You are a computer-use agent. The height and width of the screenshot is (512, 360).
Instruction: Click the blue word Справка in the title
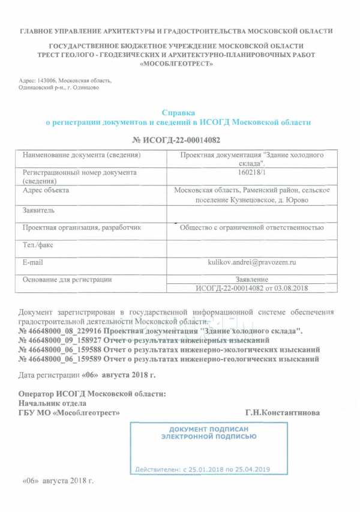pyautogui.click(x=179, y=112)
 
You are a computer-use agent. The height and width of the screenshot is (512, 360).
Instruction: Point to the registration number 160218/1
pyautogui.click(x=251, y=173)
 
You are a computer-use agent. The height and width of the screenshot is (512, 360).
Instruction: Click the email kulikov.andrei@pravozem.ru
pyautogui.click(x=251, y=262)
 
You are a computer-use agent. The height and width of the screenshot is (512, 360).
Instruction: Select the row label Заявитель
pyautogui.click(x=38, y=210)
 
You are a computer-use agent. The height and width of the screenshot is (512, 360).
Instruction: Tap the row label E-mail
pyautogui.click(x=32, y=262)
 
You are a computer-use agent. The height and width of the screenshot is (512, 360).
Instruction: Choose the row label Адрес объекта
pyautogui.click(x=46, y=190)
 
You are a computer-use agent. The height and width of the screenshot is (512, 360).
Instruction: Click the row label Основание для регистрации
pyautogui.click(x=67, y=279)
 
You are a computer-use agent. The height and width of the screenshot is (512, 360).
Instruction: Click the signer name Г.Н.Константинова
pyautogui.click(x=283, y=413)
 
